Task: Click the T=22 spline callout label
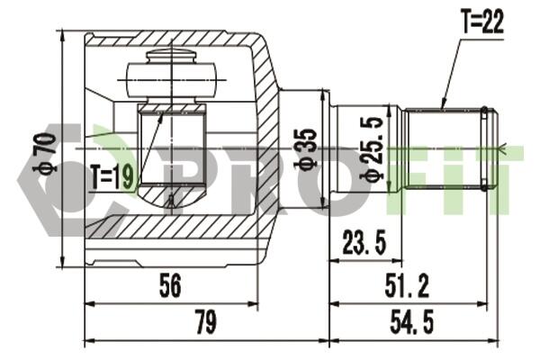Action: tap(482, 22)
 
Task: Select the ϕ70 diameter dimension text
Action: tap(46, 153)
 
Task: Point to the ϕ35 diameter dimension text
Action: tap(304, 148)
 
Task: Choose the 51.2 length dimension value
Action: tap(407, 284)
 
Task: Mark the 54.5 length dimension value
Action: tap(412, 321)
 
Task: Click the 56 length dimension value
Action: tap(170, 284)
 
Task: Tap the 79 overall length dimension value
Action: tap(206, 321)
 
